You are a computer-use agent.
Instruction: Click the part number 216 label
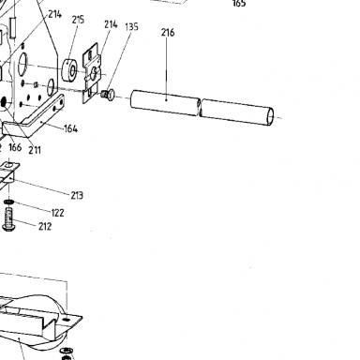168,33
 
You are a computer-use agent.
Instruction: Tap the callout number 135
131,27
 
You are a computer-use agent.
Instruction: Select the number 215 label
78,20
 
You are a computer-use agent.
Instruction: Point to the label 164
71,128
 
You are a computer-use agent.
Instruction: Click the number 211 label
35,150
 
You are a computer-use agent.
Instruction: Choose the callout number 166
15,147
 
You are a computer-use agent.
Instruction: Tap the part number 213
77,196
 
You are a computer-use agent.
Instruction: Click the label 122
57,213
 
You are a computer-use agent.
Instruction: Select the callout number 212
45,226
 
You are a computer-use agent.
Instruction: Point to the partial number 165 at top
239,4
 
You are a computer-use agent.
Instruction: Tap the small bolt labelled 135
108,95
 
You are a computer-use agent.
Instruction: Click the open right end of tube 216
270,117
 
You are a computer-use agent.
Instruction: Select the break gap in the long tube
200,107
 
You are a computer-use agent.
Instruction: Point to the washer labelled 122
9,202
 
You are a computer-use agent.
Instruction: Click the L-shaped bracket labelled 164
35,115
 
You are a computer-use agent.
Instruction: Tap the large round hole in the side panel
22,65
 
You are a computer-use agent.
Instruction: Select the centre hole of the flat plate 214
94,74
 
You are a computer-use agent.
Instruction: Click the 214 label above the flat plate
111,24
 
